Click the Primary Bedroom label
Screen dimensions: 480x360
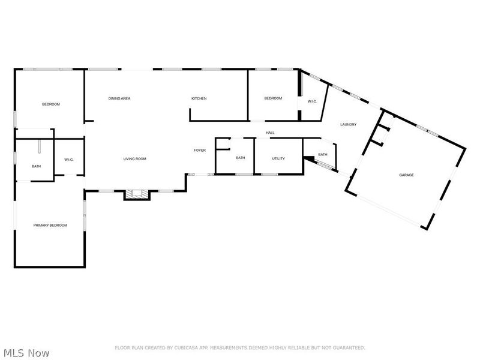[x=50, y=226]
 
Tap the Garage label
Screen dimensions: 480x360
[x=406, y=175]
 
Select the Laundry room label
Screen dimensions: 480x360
[x=349, y=125]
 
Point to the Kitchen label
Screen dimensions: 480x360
[x=199, y=98]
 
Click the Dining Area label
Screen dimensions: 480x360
[x=119, y=98]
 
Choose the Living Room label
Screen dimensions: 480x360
[x=134, y=159]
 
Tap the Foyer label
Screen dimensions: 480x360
[x=200, y=151]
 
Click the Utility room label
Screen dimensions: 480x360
[x=278, y=158]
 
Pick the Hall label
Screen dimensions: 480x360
[x=270, y=133]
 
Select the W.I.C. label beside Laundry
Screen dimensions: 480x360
[x=312, y=101]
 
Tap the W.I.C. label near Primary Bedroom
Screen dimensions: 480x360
[x=69, y=160]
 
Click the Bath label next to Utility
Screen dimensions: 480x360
[x=241, y=158]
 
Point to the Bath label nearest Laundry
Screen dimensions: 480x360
[x=323, y=155]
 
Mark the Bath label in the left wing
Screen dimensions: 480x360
[x=36, y=167]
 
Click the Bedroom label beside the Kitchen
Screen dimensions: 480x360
[x=273, y=98]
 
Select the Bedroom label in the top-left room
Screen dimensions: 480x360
[x=51, y=104]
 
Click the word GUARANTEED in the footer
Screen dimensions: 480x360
[x=349, y=348]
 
